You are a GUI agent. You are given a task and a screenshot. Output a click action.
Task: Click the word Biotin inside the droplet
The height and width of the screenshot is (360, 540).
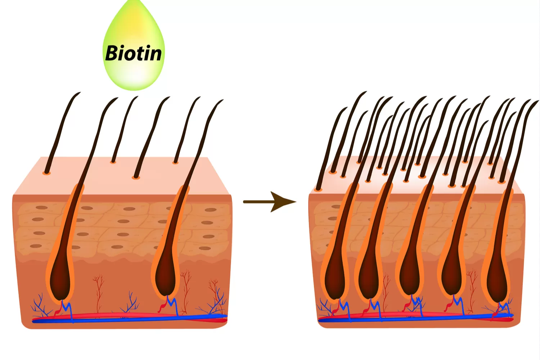134,53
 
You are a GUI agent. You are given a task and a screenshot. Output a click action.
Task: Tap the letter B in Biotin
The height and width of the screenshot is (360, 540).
112,53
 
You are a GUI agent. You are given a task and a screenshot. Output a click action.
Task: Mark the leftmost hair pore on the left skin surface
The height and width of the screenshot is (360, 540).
46,173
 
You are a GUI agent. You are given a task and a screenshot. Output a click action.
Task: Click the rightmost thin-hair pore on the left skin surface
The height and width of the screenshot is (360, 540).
175,163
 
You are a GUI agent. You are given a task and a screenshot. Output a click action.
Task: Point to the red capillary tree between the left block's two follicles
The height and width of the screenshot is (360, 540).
98,288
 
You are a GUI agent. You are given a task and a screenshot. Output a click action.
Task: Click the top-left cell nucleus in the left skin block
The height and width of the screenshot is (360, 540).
41,208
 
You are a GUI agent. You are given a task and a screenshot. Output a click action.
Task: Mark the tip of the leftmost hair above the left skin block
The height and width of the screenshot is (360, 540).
79,93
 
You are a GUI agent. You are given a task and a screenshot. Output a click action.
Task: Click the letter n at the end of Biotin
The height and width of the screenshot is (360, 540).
154,54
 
